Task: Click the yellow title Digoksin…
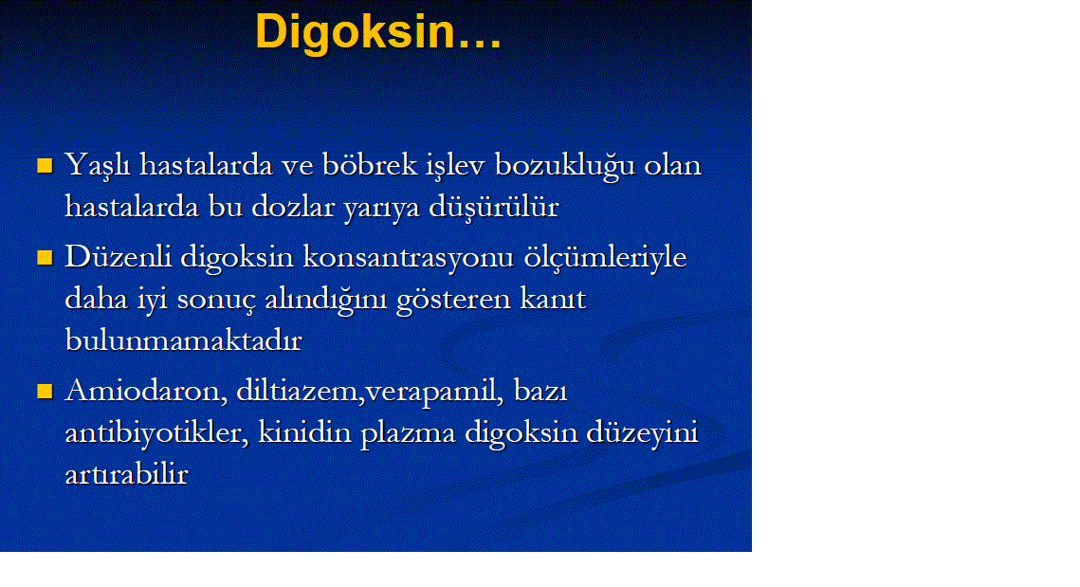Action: click(378, 32)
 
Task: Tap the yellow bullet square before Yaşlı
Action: click(45, 165)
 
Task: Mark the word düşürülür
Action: click(494, 207)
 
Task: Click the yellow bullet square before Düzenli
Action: click(45, 258)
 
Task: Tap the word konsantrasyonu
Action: click(409, 258)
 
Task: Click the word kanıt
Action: click(553, 299)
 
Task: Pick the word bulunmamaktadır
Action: click(183, 340)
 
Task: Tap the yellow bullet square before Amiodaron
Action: click(45, 392)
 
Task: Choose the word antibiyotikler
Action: click(156, 433)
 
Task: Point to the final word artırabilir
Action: click(126, 474)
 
